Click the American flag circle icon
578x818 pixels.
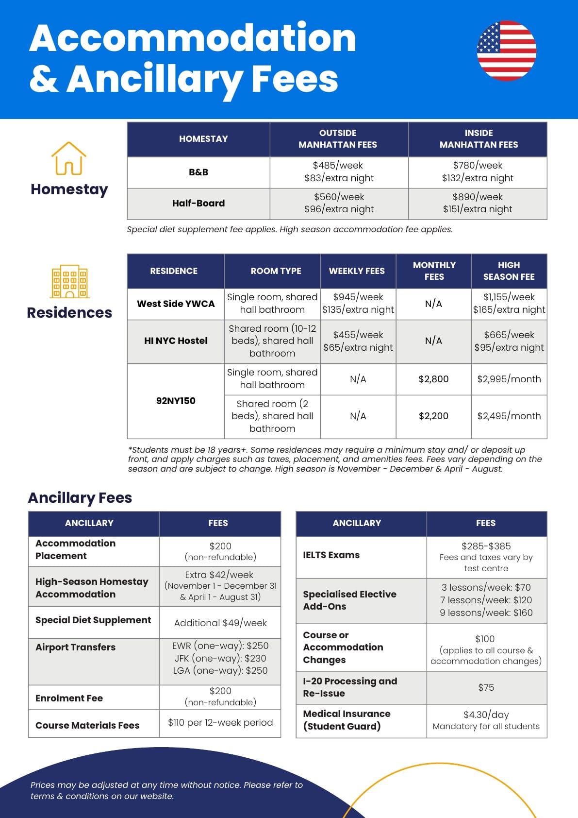coord(507,50)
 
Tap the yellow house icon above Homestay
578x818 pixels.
coord(69,158)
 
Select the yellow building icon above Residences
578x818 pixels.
coord(69,281)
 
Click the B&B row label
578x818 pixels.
coord(198,172)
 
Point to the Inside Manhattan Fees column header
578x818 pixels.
coord(479,139)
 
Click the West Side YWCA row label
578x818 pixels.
coord(176,304)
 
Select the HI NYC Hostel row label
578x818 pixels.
coord(176,341)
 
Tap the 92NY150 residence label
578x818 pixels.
coord(176,401)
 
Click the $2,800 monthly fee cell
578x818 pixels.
coord(433,379)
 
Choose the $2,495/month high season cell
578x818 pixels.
coord(509,416)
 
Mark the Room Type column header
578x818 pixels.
coord(276,271)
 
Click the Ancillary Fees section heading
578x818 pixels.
coord(80,497)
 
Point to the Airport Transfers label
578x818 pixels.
coord(76,647)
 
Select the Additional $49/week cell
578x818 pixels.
coord(220,623)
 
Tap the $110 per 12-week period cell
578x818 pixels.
coord(220,723)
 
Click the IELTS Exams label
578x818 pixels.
coord(331,555)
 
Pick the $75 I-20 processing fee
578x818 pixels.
coord(486,687)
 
